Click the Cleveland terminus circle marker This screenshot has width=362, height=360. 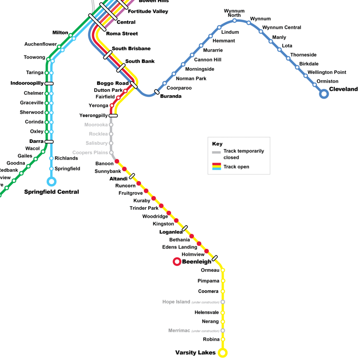pyautogui.click(x=324, y=93)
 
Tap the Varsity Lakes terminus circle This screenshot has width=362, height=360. pyautogui.click(x=223, y=353)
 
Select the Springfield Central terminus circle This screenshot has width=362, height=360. pyautogui.click(x=51, y=181)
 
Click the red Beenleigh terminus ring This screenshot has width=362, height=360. pyautogui.click(x=177, y=261)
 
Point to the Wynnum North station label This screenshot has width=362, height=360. pyautogui.click(x=234, y=13)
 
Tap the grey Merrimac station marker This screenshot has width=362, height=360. pyautogui.click(x=223, y=331)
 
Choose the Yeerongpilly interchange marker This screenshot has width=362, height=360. pyautogui.click(x=113, y=116)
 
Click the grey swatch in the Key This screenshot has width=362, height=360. pyautogui.click(x=216, y=152)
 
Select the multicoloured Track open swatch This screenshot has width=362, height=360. pyautogui.click(x=216, y=167)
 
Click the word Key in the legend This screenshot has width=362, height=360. pyautogui.click(x=217, y=144)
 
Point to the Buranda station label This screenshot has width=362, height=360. pyautogui.click(x=171, y=96)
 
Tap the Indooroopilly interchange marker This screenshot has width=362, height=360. pyautogui.click(x=49, y=83)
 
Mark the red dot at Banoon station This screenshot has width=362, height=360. pyautogui.click(x=117, y=161)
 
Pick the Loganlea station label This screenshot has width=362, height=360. pyautogui.click(x=171, y=232)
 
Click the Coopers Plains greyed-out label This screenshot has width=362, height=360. pyautogui.click(x=90, y=153)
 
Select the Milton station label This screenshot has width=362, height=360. pyautogui.click(x=60, y=33)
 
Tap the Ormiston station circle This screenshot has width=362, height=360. pyautogui.click(x=314, y=85)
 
